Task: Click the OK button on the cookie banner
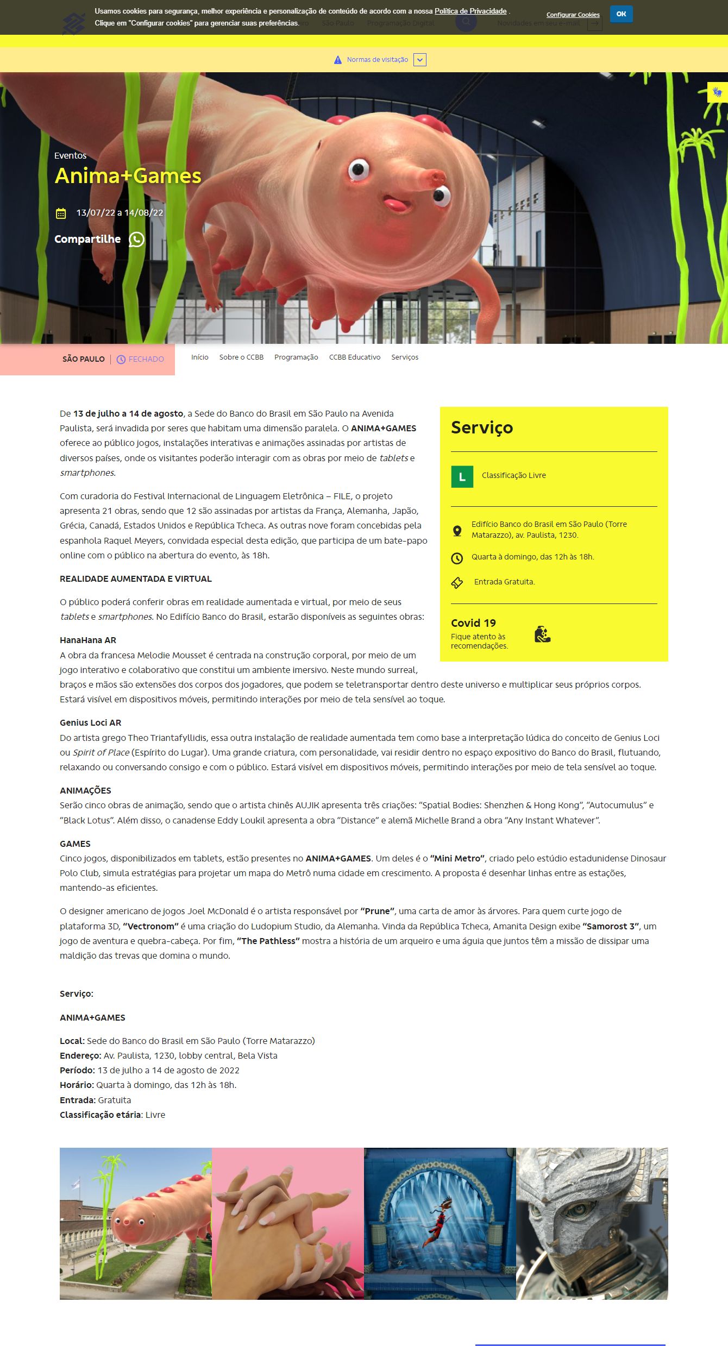tap(621, 14)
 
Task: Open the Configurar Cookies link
tap(573, 15)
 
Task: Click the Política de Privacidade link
tap(470, 11)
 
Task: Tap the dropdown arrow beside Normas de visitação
tap(419, 60)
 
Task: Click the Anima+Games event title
tap(128, 176)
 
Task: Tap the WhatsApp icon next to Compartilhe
tap(136, 240)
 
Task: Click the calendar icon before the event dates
tap(61, 213)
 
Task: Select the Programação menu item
tap(296, 357)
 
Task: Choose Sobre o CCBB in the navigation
tap(241, 357)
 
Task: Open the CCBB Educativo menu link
tap(354, 357)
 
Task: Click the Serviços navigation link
tap(405, 357)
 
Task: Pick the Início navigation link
tap(199, 357)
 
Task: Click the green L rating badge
tap(462, 476)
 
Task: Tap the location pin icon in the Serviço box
tap(457, 531)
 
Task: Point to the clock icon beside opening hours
tap(457, 558)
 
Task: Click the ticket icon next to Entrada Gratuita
tap(457, 583)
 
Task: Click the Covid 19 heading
tap(473, 623)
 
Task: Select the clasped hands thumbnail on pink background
tap(288, 1223)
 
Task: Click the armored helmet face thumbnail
tap(592, 1223)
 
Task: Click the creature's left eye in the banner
tap(359, 169)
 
